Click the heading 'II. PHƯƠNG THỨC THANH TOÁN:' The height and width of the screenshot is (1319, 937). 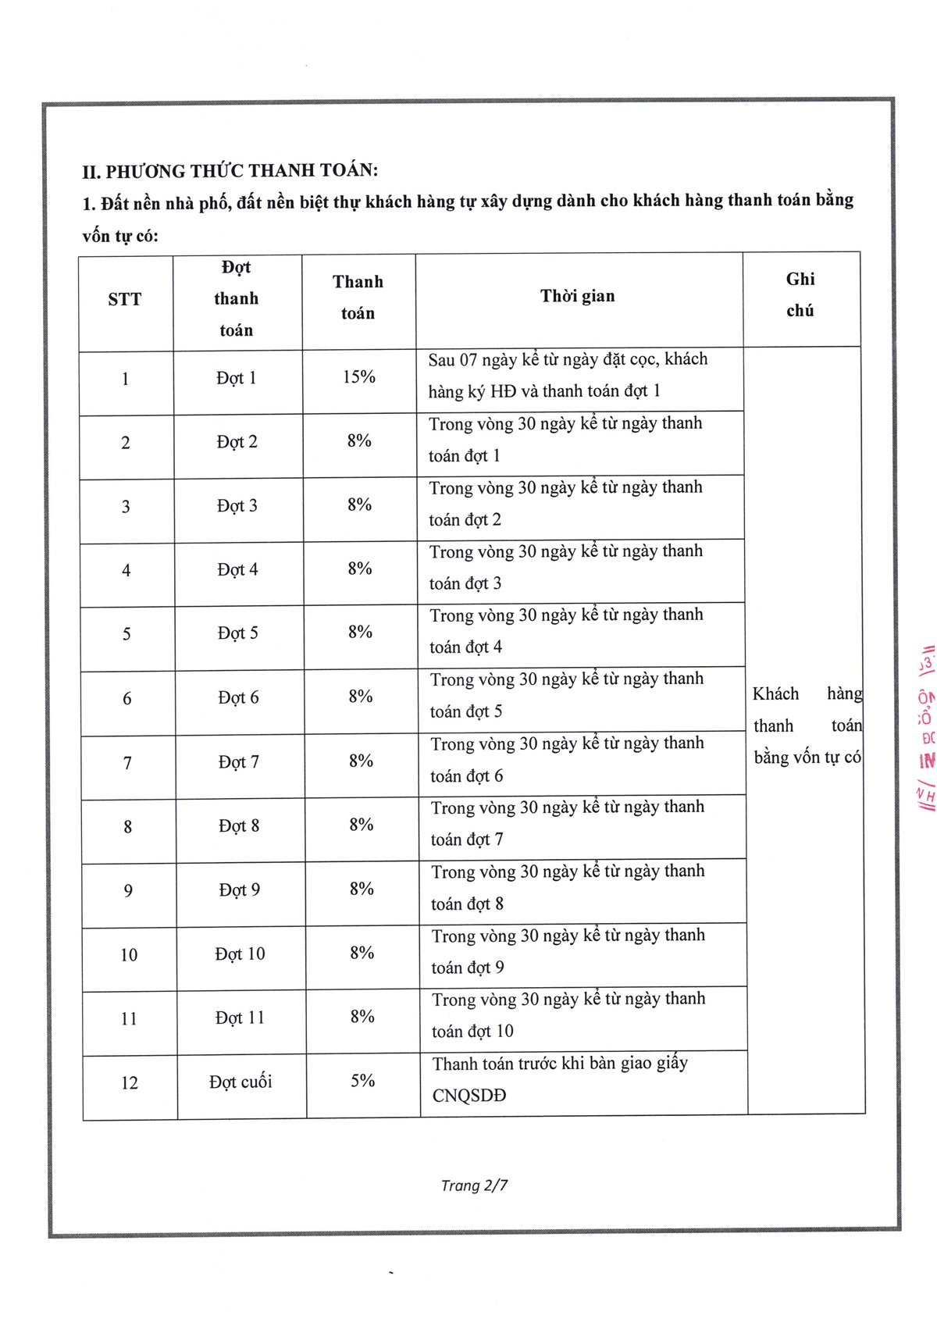(230, 170)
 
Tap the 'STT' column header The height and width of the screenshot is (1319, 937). (125, 299)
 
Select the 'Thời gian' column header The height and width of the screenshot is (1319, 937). (577, 296)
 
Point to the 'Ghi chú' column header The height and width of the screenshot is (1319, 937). (800, 294)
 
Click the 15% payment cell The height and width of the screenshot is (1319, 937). (359, 377)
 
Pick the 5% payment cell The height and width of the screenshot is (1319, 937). (362, 1081)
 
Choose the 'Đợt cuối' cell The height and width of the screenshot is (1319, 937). (240, 1082)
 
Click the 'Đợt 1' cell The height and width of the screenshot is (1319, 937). (236, 378)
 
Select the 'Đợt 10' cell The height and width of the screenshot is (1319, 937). (240, 954)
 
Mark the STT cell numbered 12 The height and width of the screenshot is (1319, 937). (130, 1083)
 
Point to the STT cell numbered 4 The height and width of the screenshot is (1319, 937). (126, 571)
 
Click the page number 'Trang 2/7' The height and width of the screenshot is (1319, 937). (474, 1185)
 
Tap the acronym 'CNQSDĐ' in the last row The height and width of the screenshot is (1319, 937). (469, 1096)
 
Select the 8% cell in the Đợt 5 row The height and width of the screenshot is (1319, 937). (360, 632)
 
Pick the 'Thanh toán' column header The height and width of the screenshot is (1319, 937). (358, 298)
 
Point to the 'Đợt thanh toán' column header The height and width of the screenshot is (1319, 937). (236, 298)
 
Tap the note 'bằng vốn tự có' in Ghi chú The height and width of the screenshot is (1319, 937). (807, 758)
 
